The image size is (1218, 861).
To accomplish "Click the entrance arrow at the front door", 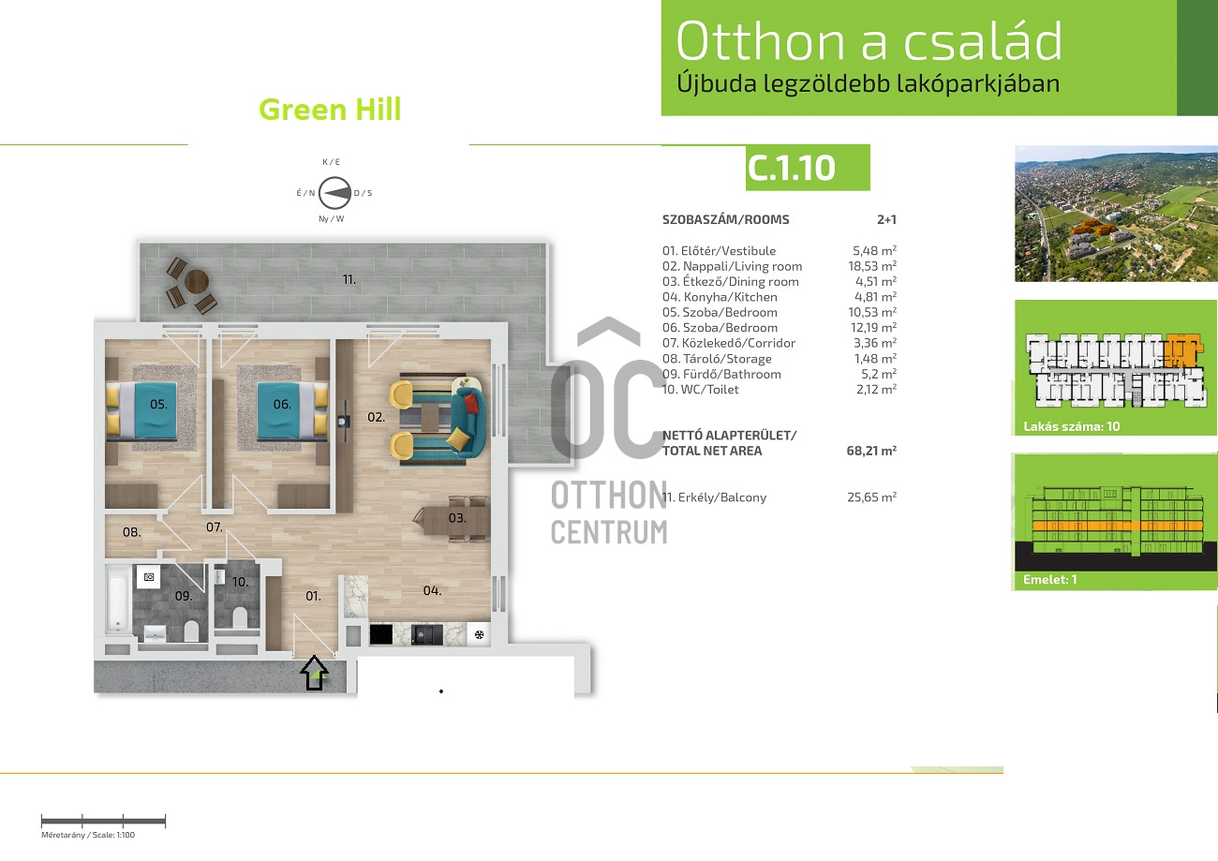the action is (x=314, y=673).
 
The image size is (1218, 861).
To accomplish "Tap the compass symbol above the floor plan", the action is (x=334, y=193).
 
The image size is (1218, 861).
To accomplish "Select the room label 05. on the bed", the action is (x=158, y=405).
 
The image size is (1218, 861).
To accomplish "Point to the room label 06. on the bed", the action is (x=282, y=405).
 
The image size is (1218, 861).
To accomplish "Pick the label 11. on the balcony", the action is (x=349, y=279).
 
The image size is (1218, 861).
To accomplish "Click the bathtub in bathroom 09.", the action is (x=117, y=600).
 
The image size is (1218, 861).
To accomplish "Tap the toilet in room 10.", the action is (x=239, y=618).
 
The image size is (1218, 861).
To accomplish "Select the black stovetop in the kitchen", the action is (x=381, y=634).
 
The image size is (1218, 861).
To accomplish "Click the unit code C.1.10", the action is (x=791, y=168).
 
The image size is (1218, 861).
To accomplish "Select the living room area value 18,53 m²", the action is (x=872, y=266).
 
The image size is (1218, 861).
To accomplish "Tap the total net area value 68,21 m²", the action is (x=871, y=451).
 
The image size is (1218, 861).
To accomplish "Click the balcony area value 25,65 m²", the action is (x=871, y=497).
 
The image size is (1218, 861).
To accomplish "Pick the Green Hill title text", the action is (x=330, y=110).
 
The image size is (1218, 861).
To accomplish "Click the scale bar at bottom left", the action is (x=103, y=821).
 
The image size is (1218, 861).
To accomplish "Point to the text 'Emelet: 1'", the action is (x=1050, y=579).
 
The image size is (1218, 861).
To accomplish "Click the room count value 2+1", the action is (x=887, y=219).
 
